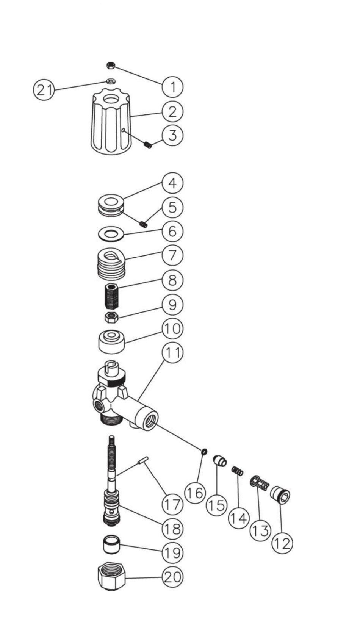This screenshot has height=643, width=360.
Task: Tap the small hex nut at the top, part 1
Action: (111, 66)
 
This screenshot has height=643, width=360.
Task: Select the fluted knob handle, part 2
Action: (111, 125)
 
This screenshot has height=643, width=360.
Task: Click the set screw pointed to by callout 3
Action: (148, 144)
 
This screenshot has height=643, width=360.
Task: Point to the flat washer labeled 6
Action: (111, 234)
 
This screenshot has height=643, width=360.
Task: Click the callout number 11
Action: (172, 352)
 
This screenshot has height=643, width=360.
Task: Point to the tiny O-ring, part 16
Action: (204, 451)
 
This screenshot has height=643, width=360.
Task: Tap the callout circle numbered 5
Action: (172, 207)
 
